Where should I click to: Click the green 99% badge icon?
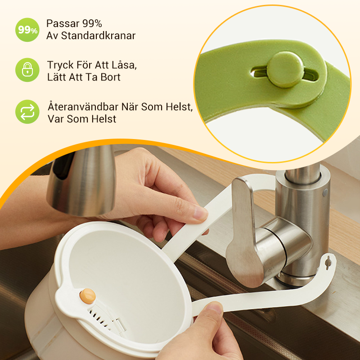pyautogui.click(x=27, y=30)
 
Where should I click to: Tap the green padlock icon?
pyautogui.click(x=27, y=70)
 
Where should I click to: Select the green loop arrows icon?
pyautogui.click(x=27, y=112)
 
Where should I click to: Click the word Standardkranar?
pyautogui.click(x=98, y=36)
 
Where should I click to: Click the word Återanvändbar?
pyautogui.click(x=83, y=107)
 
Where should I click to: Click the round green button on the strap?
pyautogui.click(x=285, y=69)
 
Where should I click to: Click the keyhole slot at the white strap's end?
pyautogui.click(x=328, y=262)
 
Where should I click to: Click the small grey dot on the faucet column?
pyautogui.click(x=325, y=192)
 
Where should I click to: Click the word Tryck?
pyautogui.click(x=60, y=65)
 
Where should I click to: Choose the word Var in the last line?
pyautogui.click(x=55, y=119)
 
